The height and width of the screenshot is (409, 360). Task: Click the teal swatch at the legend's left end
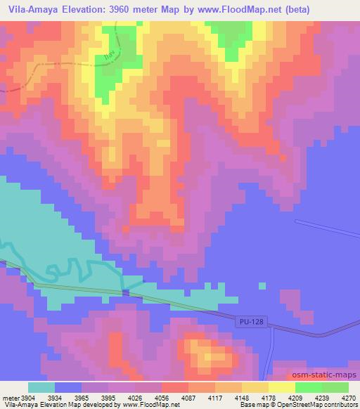[x=41, y=387]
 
